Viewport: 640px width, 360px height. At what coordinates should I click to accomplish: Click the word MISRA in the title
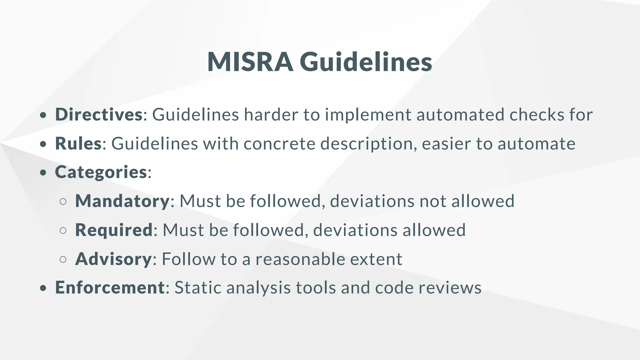coord(250,62)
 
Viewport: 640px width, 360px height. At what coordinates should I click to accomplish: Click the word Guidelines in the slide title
coord(366,62)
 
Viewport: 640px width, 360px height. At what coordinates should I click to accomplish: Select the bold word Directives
coord(99,114)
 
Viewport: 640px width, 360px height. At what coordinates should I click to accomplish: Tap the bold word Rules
coord(78,143)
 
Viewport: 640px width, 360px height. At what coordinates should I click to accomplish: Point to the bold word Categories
coord(101,172)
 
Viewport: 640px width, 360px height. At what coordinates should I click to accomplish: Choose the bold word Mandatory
coord(122,201)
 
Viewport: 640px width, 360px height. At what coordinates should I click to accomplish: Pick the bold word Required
coord(114,230)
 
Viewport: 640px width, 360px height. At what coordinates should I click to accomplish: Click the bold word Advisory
coord(113,259)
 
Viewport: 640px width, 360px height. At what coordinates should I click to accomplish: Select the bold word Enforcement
coord(110,287)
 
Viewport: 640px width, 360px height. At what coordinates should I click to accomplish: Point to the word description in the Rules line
coord(368,144)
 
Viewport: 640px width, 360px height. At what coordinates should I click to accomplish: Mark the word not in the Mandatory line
coord(432,201)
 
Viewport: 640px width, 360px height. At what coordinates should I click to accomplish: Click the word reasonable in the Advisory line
coord(300,259)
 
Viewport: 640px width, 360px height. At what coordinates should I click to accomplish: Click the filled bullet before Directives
coord(43,115)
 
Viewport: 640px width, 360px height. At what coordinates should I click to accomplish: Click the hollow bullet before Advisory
coord(63,259)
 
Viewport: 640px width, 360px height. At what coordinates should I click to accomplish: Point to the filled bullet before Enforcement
coord(43,288)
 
